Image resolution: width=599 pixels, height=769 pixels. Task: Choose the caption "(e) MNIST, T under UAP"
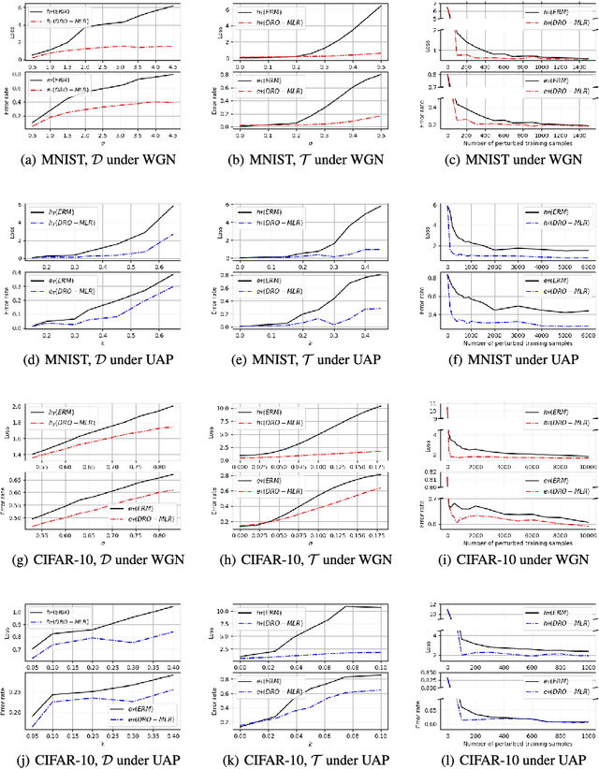(299, 367)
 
